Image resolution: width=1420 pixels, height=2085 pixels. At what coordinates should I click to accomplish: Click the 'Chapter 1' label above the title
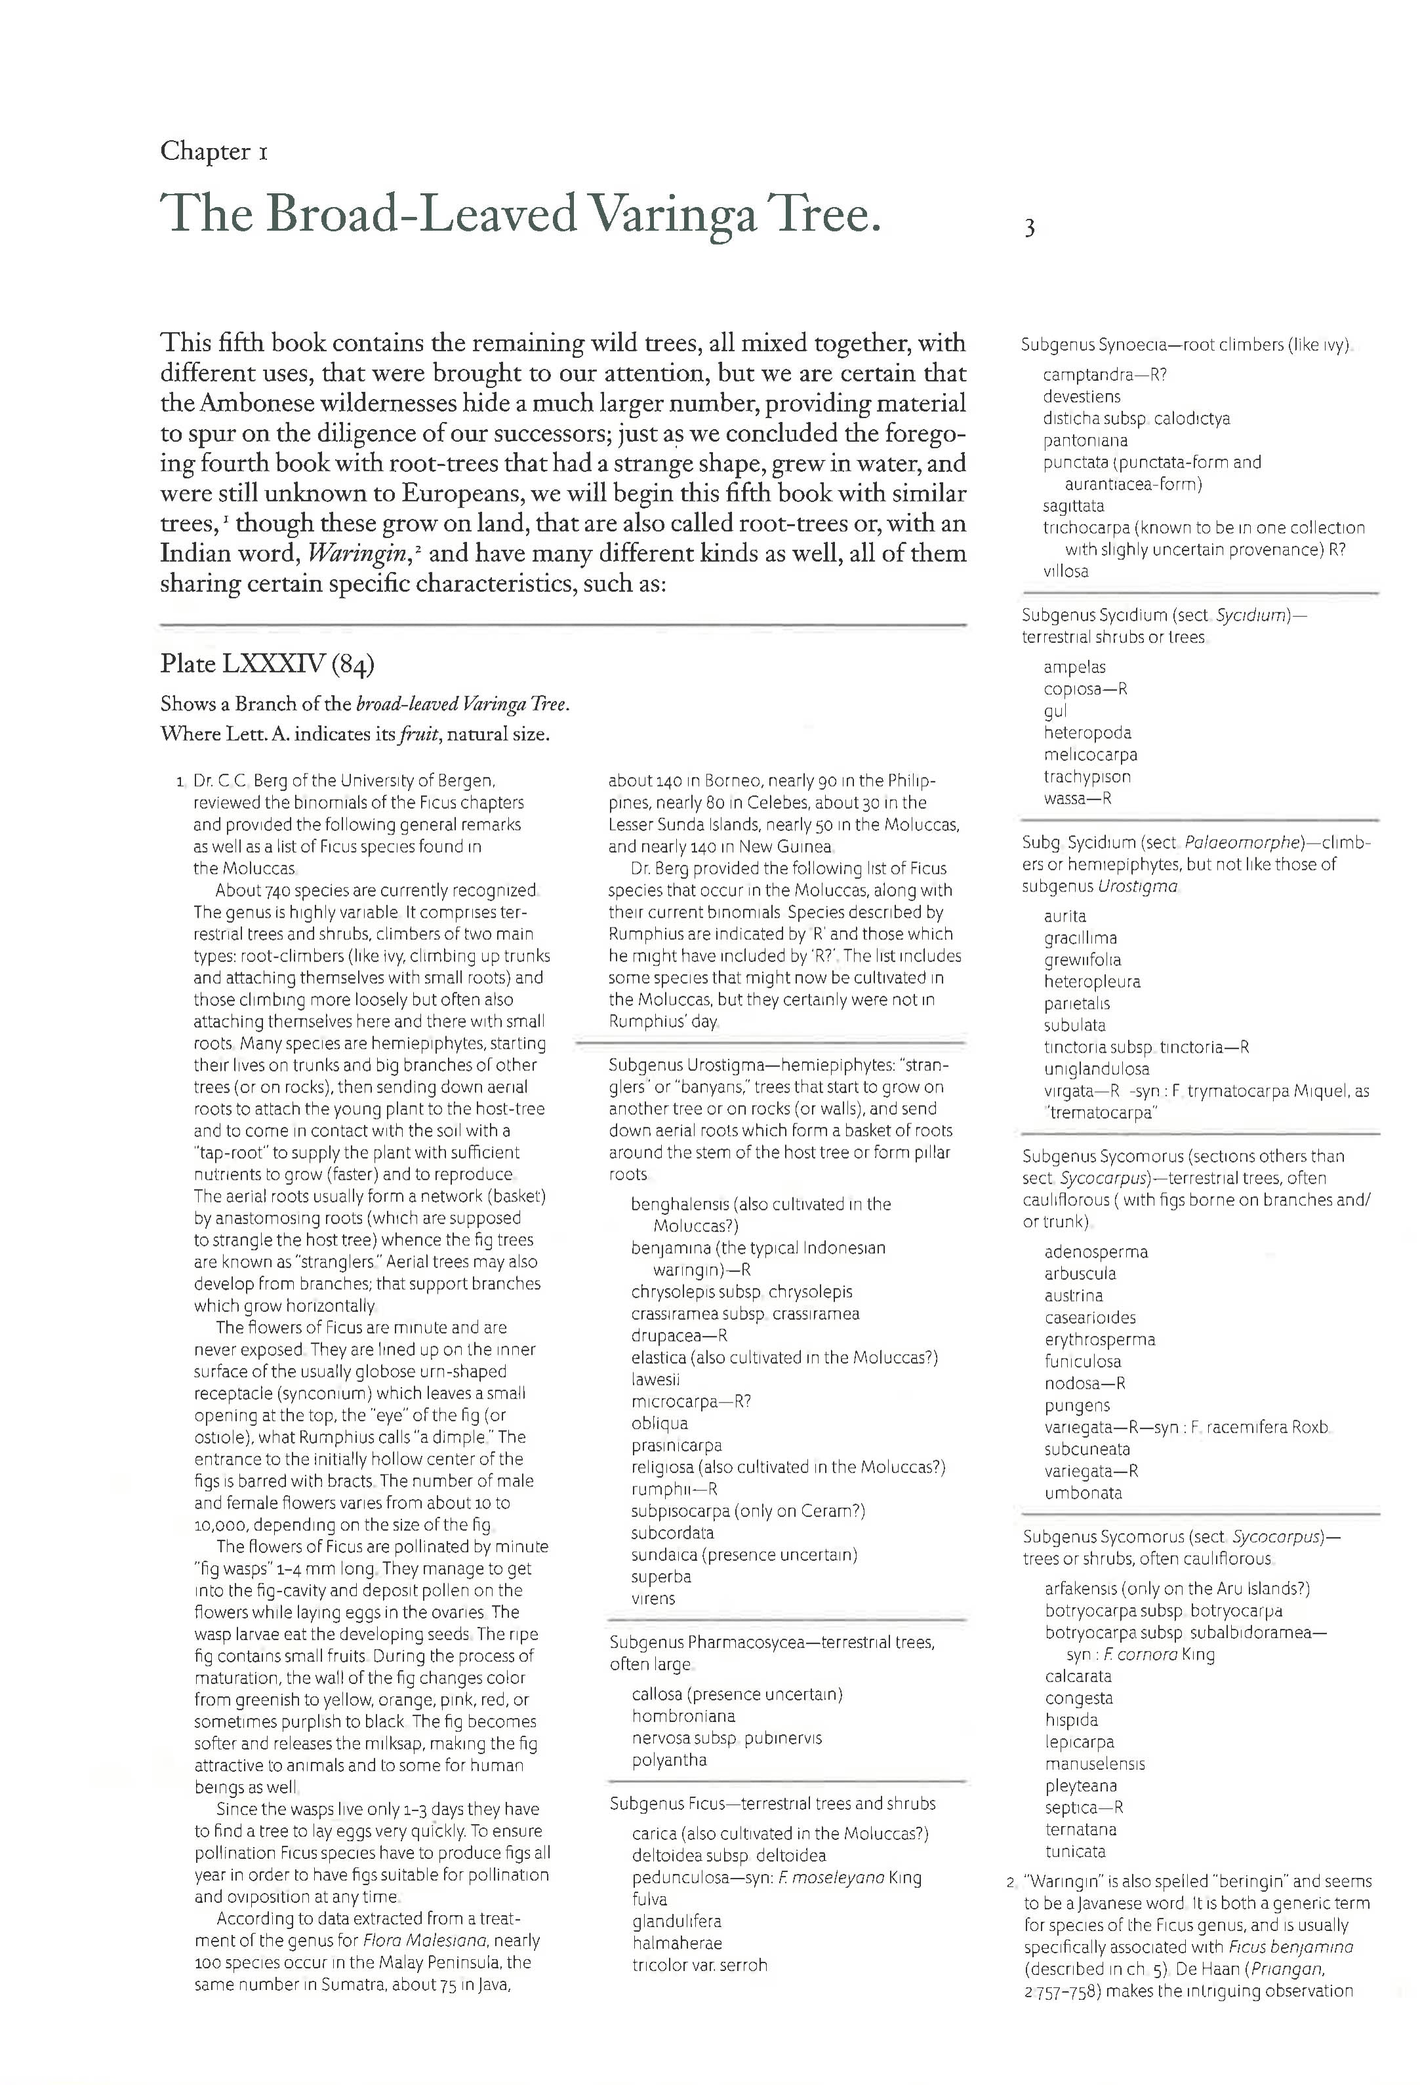point(214,151)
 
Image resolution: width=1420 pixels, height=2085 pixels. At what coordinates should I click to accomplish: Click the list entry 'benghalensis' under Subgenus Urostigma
point(681,1204)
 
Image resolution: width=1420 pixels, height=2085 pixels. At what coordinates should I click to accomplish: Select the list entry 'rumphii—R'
point(673,1489)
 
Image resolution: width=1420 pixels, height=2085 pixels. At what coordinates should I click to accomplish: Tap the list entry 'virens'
point(653,1599)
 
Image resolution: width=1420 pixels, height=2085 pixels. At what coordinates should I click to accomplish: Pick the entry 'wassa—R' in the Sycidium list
point(1076,798)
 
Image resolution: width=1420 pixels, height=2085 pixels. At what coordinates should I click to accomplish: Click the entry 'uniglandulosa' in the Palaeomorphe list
point(1096,1068)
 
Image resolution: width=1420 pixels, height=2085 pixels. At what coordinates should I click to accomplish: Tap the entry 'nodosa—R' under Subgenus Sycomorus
point(1084,1384)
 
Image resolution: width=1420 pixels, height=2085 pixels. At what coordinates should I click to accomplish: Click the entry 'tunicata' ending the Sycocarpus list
point(1074,1852)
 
